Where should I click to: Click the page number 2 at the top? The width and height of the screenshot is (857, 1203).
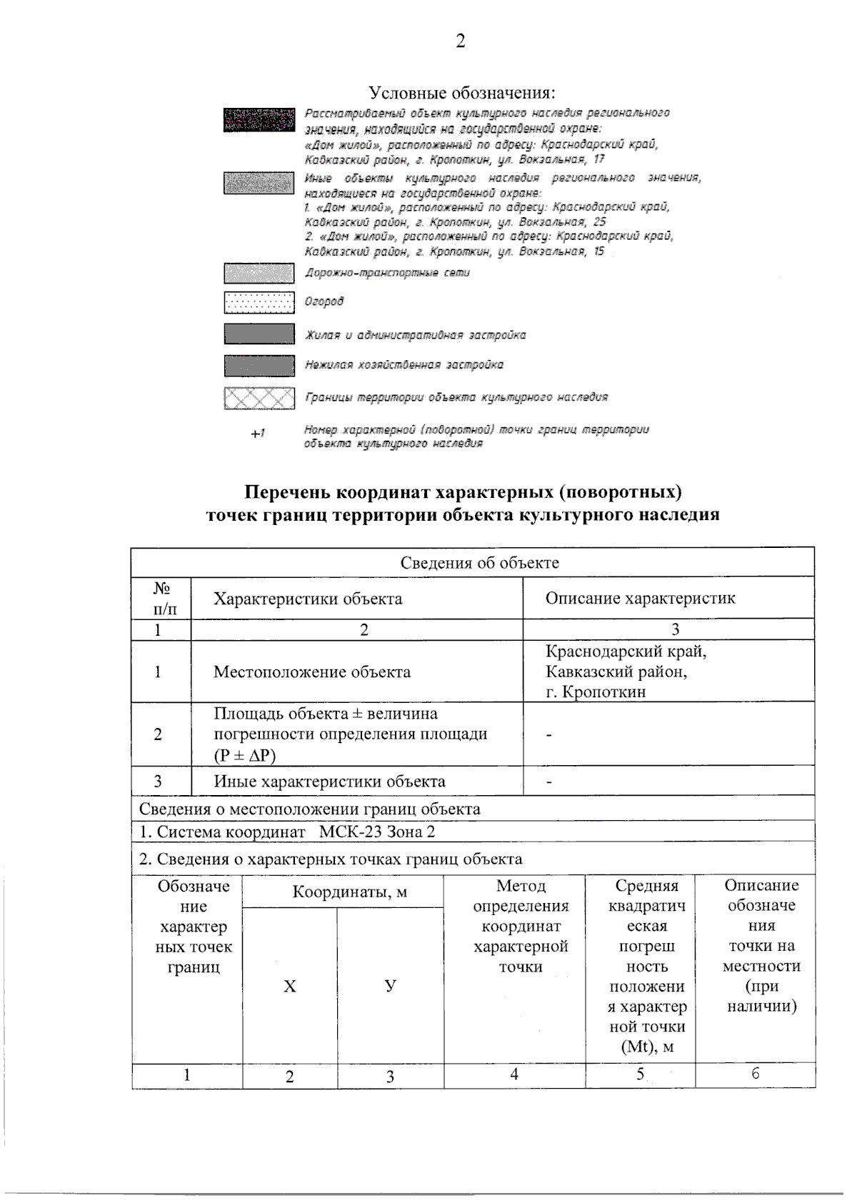pyautogui.click(x=460, y=41)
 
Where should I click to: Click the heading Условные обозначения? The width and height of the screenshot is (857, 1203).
pyautogui.click(x=461, y=93)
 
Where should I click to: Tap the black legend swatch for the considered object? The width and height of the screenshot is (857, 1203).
pyautogui.click(x=259, y=119)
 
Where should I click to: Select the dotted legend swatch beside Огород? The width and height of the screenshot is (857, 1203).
pyautogui.click(x=259, y=302)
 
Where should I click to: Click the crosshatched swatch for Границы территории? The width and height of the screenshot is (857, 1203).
pyautogui.click(x=259, y=398)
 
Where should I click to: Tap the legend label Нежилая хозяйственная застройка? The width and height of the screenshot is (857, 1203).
pyautogui.click(x=404, y=365)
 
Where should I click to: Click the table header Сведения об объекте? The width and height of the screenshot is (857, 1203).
pyautogui.click(x=478, y=562)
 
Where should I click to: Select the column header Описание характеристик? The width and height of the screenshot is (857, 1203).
pyautogui.click(x=640, y=599)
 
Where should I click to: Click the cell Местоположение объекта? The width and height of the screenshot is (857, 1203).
pyautogui.click(x=312, y=672)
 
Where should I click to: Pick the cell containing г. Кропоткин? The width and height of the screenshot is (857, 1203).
pyautogui.click(x=596, y=692)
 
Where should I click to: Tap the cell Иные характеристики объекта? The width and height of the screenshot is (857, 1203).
pyautogui.click(x=329, y=782)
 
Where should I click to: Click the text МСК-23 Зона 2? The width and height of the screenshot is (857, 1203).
pyautogui.click(x=376, y=832)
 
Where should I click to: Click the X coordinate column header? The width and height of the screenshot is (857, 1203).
pyautogui.click(x=289, y=987)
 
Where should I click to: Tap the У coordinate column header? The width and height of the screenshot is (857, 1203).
pyautogui.click(x=390, y=986)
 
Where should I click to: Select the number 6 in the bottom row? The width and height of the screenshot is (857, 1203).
pyautogui.click(x=756, y=1074)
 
